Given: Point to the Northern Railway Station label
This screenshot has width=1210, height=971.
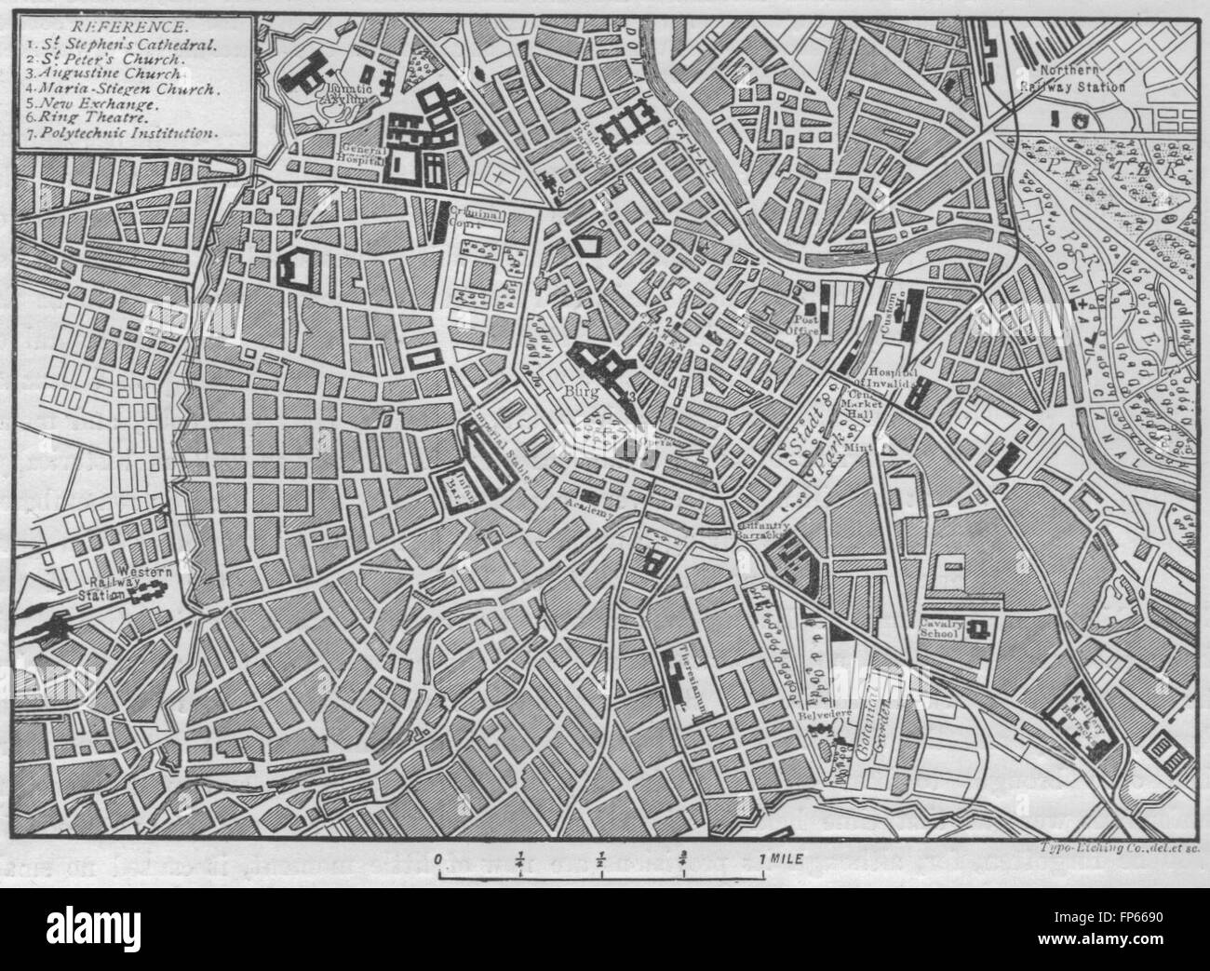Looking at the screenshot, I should coord(1083,79).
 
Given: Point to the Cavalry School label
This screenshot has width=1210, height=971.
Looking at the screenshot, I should coord(939,628).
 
